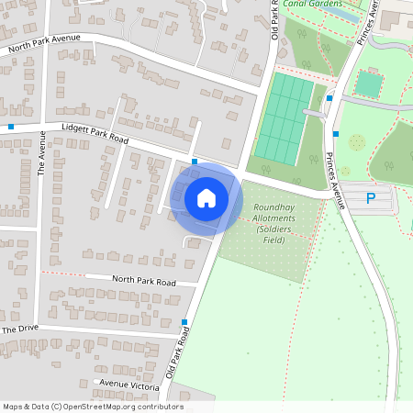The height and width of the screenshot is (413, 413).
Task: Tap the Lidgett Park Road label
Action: click(x=95, y=134)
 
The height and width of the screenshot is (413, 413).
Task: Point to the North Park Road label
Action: click(x=143, y=281)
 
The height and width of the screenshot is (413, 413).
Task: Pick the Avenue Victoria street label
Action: click(x=128, y=385)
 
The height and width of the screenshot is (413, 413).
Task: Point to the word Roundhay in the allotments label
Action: click(x=273, y=207)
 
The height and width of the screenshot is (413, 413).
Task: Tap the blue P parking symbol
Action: click(x=371, y=197)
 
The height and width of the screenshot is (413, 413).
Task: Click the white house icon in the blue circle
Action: click(x=206, y=197)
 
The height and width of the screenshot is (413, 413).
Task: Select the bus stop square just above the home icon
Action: click(x=195, y=162)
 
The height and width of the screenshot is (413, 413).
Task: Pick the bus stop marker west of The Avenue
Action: click(x=11, y=127)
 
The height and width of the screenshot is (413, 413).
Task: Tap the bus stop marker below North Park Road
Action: click(x=184, y=321)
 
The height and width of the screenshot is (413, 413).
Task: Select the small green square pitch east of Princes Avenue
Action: click(x=368, y=84)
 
